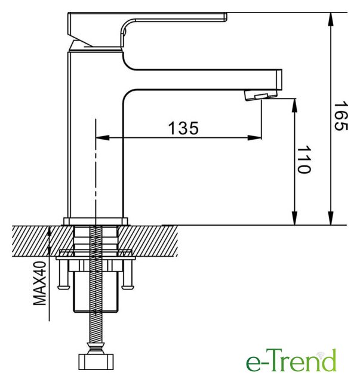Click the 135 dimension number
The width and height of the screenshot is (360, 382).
183,128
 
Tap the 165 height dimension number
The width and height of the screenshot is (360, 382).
340,116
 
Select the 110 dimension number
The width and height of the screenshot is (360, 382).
304,159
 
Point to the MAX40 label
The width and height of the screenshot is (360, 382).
40,283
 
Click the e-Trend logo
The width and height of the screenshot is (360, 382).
291,360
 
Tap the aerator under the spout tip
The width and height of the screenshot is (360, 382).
261,95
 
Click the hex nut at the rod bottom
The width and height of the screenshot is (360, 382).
96,362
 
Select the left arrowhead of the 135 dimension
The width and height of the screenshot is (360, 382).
103,138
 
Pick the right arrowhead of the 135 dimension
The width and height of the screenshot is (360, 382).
254,138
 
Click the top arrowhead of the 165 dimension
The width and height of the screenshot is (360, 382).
331,19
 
